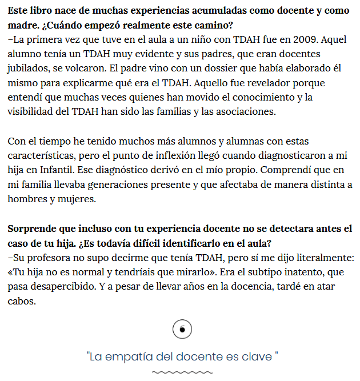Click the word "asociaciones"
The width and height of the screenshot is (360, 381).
pos(247,111)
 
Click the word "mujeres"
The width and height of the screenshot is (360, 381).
pos(77,198)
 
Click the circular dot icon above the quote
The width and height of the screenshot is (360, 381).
pos(182,329)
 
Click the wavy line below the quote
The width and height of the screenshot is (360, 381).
pos(181,372)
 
